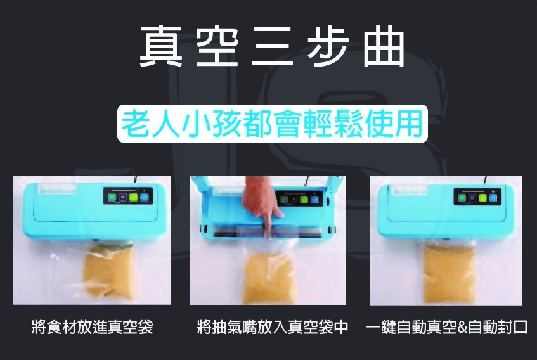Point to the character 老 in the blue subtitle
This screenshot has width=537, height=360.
pos(136,124)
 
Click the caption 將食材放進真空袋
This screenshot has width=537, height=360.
pos(92,328)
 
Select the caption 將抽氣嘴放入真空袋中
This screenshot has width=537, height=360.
pos(273,328)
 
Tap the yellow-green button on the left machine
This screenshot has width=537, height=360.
pos(133,197)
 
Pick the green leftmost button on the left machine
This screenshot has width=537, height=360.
pos(112,198)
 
